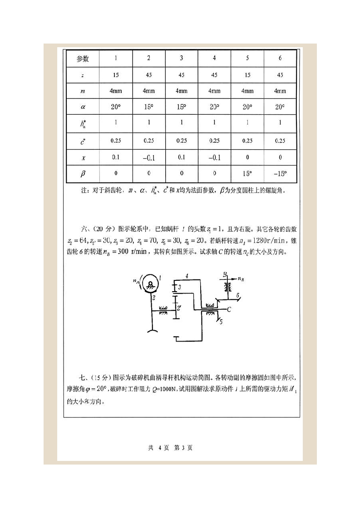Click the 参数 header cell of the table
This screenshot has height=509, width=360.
83,59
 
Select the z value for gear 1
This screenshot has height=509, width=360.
116,75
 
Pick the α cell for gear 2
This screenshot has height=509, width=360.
148,108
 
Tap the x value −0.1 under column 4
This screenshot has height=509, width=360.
214,157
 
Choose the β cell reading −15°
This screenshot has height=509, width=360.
280,173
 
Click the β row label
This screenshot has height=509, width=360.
83,173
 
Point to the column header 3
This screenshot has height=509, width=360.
182,59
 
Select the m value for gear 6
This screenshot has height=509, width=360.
280,91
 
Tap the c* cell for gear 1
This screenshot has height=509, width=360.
116,141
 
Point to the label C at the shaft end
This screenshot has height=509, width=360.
229,310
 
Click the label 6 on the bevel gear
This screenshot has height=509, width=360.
237,295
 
